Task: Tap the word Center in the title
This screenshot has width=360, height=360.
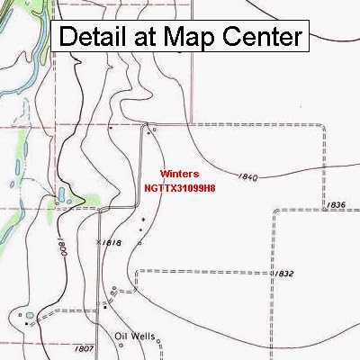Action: tap(261, 37)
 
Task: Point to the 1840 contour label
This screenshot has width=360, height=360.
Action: tap(249, 176)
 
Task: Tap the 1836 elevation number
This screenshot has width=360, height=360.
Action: tap(337, 205)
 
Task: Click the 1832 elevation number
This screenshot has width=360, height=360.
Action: tap(284, 273)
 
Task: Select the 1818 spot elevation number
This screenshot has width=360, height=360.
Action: tap(112, 243)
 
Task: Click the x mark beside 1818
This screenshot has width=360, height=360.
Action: tap(98, 243)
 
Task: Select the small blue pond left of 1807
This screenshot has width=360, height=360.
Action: tap(29, 316)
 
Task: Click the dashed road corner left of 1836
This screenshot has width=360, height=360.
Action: tap(274, 211)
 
